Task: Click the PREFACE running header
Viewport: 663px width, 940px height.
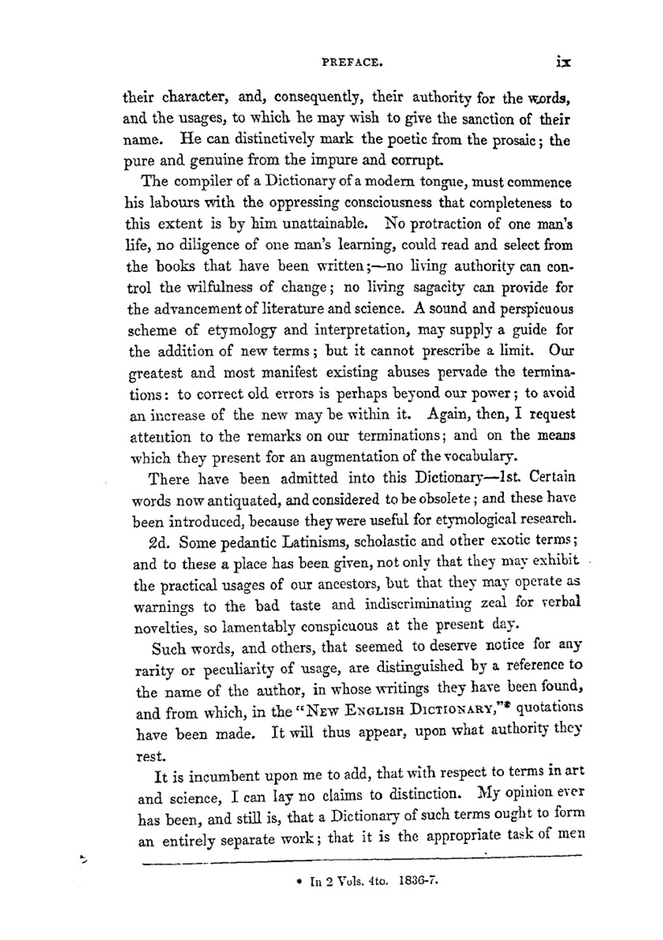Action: (351, 64)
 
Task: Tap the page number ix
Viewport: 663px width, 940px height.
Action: (564, 62)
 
